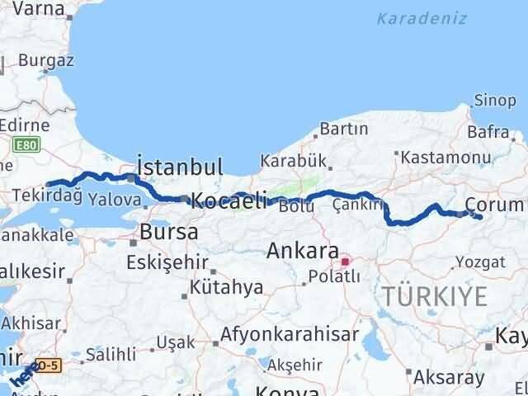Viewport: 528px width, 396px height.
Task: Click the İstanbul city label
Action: tap(180, 167)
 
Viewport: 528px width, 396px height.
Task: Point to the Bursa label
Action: tap(169, 232)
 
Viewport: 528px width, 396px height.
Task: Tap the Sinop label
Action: tap(494, 100)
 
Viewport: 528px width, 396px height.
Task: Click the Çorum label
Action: tap(494, 205)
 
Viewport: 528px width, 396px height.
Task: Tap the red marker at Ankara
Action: tap(346, 262)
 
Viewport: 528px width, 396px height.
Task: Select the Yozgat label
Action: tap(484, 262)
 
